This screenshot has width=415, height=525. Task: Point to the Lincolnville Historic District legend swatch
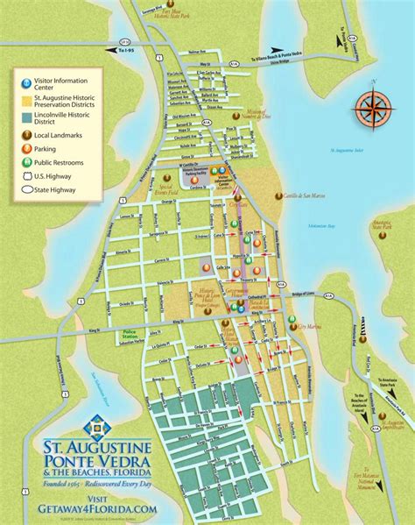[27, 118]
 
